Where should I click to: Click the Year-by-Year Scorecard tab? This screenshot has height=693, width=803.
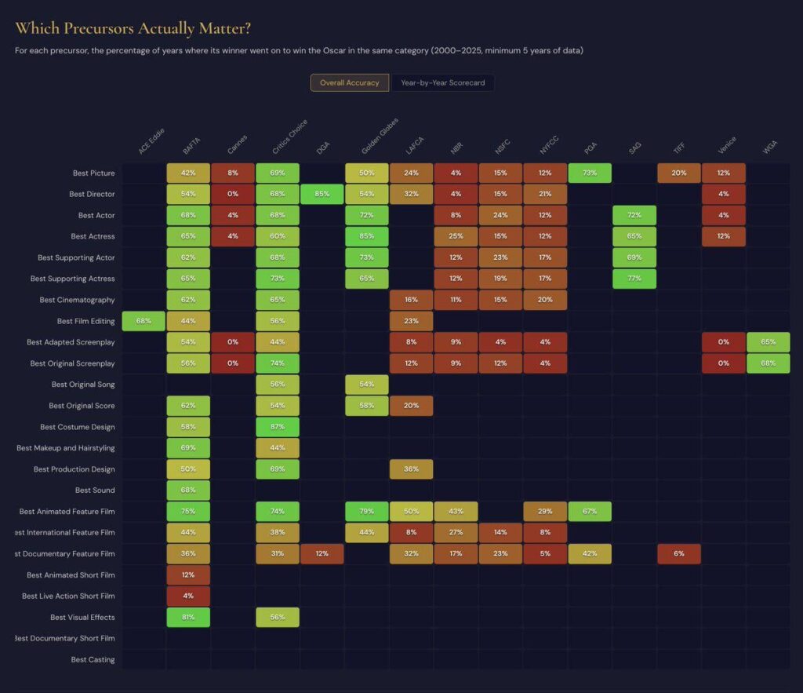click(x=443, y=82)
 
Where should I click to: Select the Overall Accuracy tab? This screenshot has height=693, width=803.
click(x=349, y=82)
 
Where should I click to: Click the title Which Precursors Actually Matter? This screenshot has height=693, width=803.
click(x=133, y=29)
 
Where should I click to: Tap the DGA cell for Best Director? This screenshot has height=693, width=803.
click(x=322, y=194)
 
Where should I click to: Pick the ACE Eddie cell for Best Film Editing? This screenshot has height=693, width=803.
click(x=144, y=321)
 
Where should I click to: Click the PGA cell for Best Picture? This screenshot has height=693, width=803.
click(x=590, y=173)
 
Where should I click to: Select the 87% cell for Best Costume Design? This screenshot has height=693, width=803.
click(x=277, y=427)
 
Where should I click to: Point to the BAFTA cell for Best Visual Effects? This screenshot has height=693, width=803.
click(x=188, y=618)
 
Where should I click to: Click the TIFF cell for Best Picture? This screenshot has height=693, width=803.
click(x=679, y=173)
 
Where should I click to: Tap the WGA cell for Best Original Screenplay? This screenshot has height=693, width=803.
click(x=768, y=363)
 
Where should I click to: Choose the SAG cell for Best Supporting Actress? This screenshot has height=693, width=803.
click(x=634, y=279)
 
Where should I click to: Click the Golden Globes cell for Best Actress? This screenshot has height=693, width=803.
click(x=366, y=236)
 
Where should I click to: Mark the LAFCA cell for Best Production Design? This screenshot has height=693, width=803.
click(x=411, y=469)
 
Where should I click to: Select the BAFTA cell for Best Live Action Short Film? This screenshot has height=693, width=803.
click(x=188, y=596)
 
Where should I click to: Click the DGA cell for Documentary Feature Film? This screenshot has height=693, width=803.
click(x=322, y=554)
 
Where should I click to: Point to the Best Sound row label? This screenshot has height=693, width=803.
click(x=95, y=491)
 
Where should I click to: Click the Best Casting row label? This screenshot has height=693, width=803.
click(x=93, y=660)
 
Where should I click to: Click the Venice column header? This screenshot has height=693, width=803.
click(x=726, y=145)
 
